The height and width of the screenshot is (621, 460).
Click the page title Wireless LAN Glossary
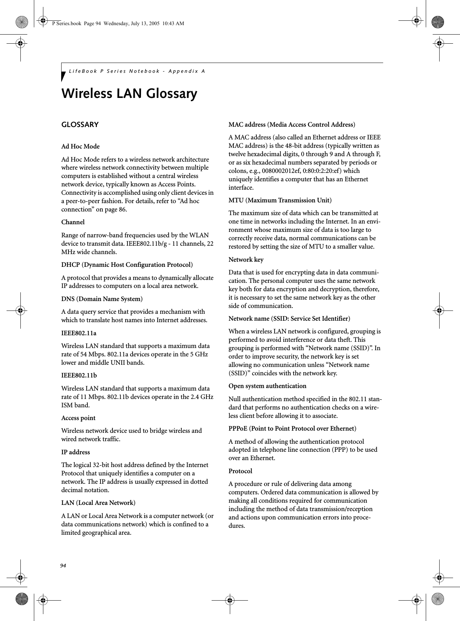pos(129,94)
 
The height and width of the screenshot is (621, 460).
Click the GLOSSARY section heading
pos(80,125)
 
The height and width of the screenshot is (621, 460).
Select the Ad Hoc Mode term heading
pos(80,146)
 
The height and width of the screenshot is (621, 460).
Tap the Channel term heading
pos(73,222)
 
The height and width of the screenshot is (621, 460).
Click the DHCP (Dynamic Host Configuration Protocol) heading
pos(127,265)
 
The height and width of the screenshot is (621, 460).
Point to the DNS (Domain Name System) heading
pos(102,299)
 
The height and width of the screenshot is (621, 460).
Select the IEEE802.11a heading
pos(79,333)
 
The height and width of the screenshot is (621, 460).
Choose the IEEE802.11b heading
pos(79,375)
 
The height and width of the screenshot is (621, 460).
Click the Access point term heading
pos(78,418)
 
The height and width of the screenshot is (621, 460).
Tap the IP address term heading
pos(75,452)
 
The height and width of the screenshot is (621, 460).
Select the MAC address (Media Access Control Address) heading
pos(291,124)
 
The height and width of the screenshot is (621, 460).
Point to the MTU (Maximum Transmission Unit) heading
pos(280,200)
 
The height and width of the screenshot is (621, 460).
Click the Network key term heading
pos(246,260)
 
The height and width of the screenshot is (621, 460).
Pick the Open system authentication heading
pos(267,386)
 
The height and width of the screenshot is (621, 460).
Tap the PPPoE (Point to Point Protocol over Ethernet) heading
pos(292,428)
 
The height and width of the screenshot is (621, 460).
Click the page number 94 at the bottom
pos(63,555)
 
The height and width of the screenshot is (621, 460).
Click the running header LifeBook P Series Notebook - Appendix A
pos(137,71)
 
